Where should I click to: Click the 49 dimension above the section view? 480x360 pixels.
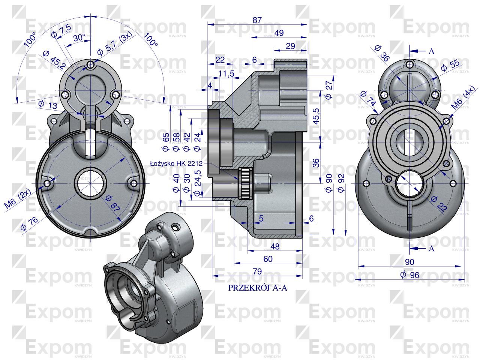(x=279, y=33)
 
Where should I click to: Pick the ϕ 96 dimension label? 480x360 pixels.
(x=409, y=275)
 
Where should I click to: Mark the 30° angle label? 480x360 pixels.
(x=79, y=38)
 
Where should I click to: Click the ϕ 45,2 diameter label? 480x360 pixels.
(x=54, y=59)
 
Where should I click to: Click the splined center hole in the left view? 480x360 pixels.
(x=90, y=183)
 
